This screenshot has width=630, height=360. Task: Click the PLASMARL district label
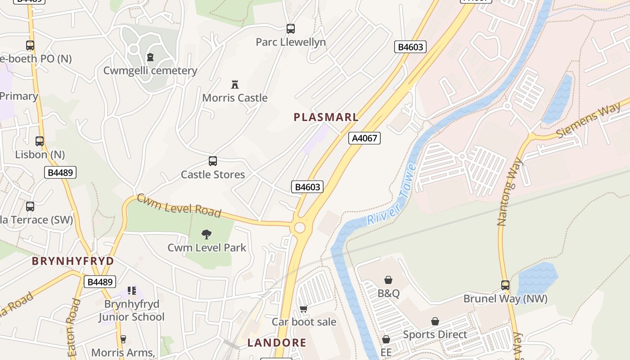click(x=326, y=117)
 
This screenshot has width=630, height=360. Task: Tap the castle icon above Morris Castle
click(x=234, y=84)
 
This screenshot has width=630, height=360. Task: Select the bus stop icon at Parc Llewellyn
click(x=291, y=29)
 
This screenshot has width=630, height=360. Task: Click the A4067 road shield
click(x=364, y=138)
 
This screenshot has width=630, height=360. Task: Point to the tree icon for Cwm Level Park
click(x=207, y=234)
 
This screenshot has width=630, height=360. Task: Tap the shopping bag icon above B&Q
click(x=388, y=280)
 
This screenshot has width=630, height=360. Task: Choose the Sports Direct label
click(x=435, y=334)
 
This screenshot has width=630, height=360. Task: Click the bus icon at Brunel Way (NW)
click(x=505, y=285)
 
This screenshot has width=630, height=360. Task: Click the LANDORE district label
click(x=277, y=343)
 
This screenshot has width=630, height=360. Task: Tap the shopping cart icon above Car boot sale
click(x=304, y=309)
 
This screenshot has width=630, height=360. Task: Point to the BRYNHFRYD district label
click(x=72, y=261)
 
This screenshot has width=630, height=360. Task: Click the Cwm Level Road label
click(x=179, y=205)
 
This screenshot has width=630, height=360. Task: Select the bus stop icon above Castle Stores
click(x=213, y=161)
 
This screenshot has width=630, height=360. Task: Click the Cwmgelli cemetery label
click(x=150, y=71)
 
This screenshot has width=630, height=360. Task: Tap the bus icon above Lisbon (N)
click(x=40, y=141)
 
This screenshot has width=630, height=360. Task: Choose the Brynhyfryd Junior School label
click(x=132, y=310)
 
